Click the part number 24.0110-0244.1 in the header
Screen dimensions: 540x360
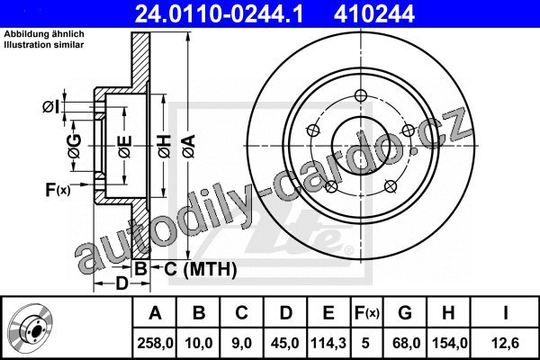point(219,14)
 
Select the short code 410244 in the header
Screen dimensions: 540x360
point(374,14)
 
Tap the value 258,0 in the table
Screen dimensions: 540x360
point(155,343)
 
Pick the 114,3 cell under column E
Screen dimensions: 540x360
point(328,343)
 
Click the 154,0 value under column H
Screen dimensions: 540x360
point(448,343)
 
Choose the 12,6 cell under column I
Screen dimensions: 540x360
point(506,343)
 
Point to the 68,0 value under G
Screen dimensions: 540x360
point(406,343)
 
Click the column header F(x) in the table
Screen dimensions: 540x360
point(366,313)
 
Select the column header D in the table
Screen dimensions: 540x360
point(285,313)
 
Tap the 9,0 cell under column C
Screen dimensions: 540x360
point(241,343)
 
